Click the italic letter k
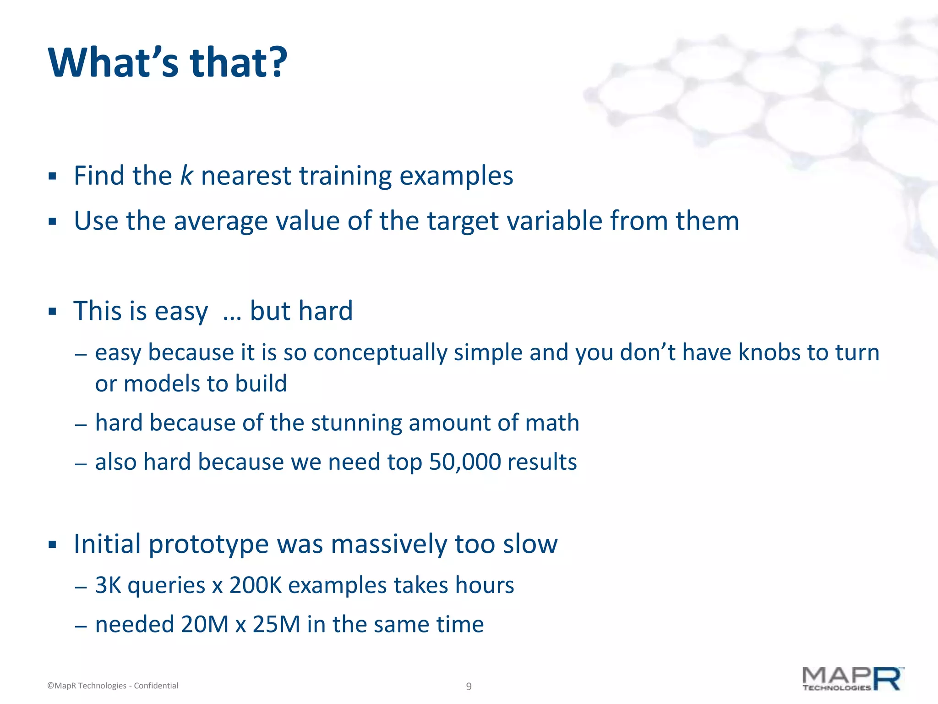point(186,176)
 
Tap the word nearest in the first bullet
point(246,176)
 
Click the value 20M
point(204,624)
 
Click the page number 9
point(469,686)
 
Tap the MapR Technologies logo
point(852,679)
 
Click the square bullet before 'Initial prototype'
point(52,545)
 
